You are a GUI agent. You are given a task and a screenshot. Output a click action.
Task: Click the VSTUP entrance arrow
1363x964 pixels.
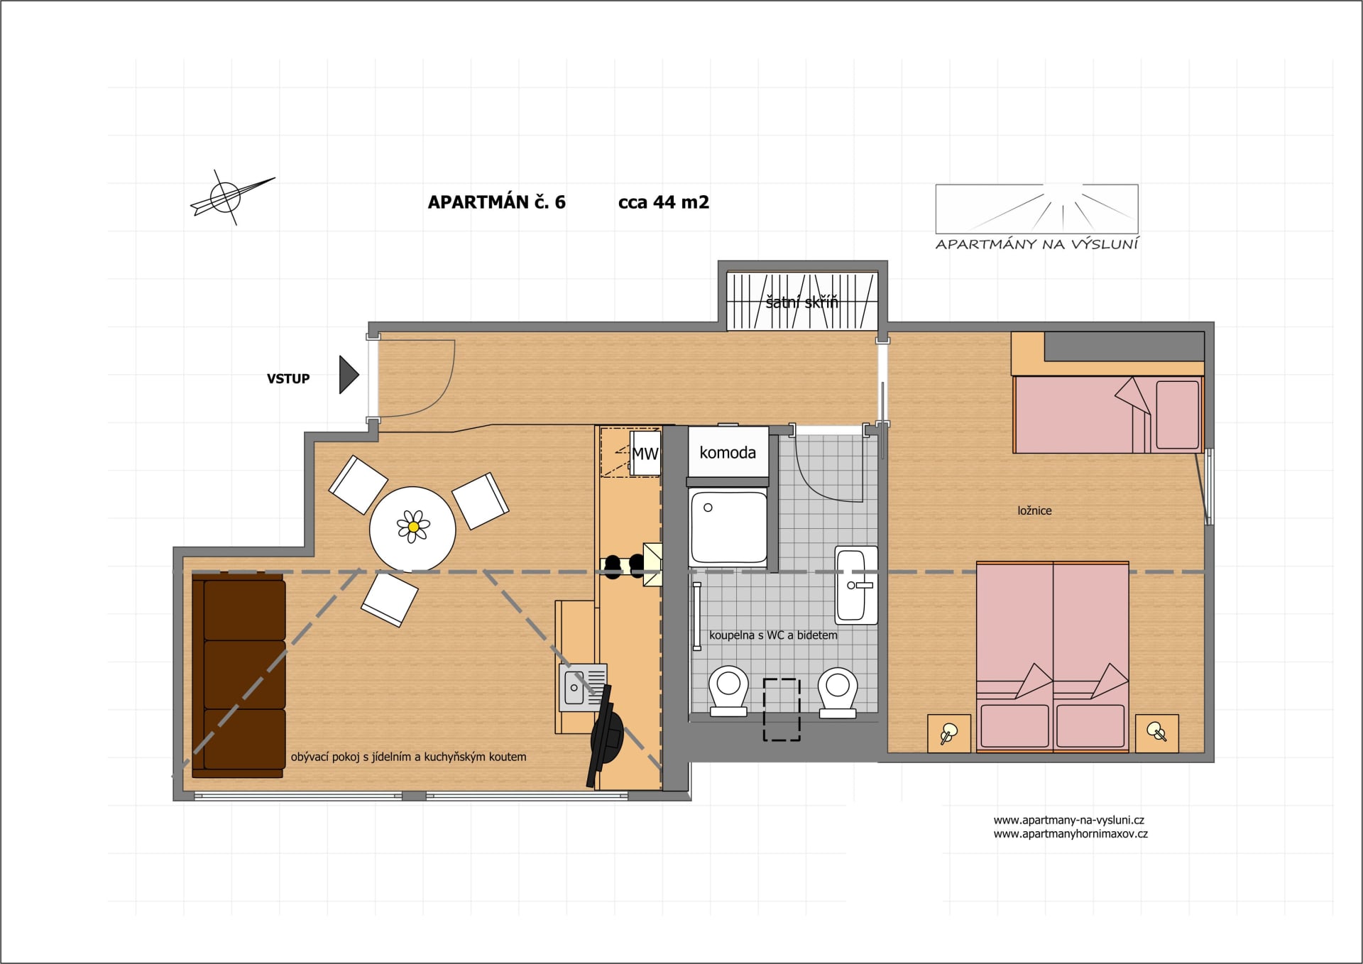[x=349, y=375]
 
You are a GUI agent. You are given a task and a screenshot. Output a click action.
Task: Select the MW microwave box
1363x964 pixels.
[x=645, y=453]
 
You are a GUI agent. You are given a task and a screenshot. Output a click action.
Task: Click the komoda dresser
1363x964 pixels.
[x=728, y=452]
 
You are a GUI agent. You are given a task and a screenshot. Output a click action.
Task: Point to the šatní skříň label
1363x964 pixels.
[x=801, y=302]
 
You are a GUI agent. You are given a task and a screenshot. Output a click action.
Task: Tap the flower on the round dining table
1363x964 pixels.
[x=413, y=527]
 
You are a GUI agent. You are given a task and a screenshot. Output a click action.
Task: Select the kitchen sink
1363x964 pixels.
[x=583, y=687]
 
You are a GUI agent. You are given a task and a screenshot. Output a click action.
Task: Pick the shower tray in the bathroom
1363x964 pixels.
[x=728, y=527]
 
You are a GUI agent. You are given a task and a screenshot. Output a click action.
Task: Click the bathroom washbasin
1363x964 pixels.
[x=856, y=585]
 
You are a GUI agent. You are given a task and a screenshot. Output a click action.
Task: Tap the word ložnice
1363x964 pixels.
[x=1034, y=510]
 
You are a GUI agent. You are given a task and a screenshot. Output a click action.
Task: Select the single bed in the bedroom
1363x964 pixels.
[x=1108, y=414]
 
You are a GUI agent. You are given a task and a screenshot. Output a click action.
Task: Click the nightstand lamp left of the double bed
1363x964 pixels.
[x=949, y=733]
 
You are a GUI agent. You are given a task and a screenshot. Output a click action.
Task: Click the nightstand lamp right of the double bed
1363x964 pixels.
[x=1157, y=733]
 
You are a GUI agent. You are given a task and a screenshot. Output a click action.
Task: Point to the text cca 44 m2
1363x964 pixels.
[x=664, y=202]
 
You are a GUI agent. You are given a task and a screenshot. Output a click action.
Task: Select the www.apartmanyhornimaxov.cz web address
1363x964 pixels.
[x=1071, y=834]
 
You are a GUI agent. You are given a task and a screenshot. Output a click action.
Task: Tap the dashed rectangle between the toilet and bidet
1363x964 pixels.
[x=782, y=710]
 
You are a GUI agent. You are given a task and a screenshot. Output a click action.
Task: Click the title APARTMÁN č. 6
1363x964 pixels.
[x=497, y=202]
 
